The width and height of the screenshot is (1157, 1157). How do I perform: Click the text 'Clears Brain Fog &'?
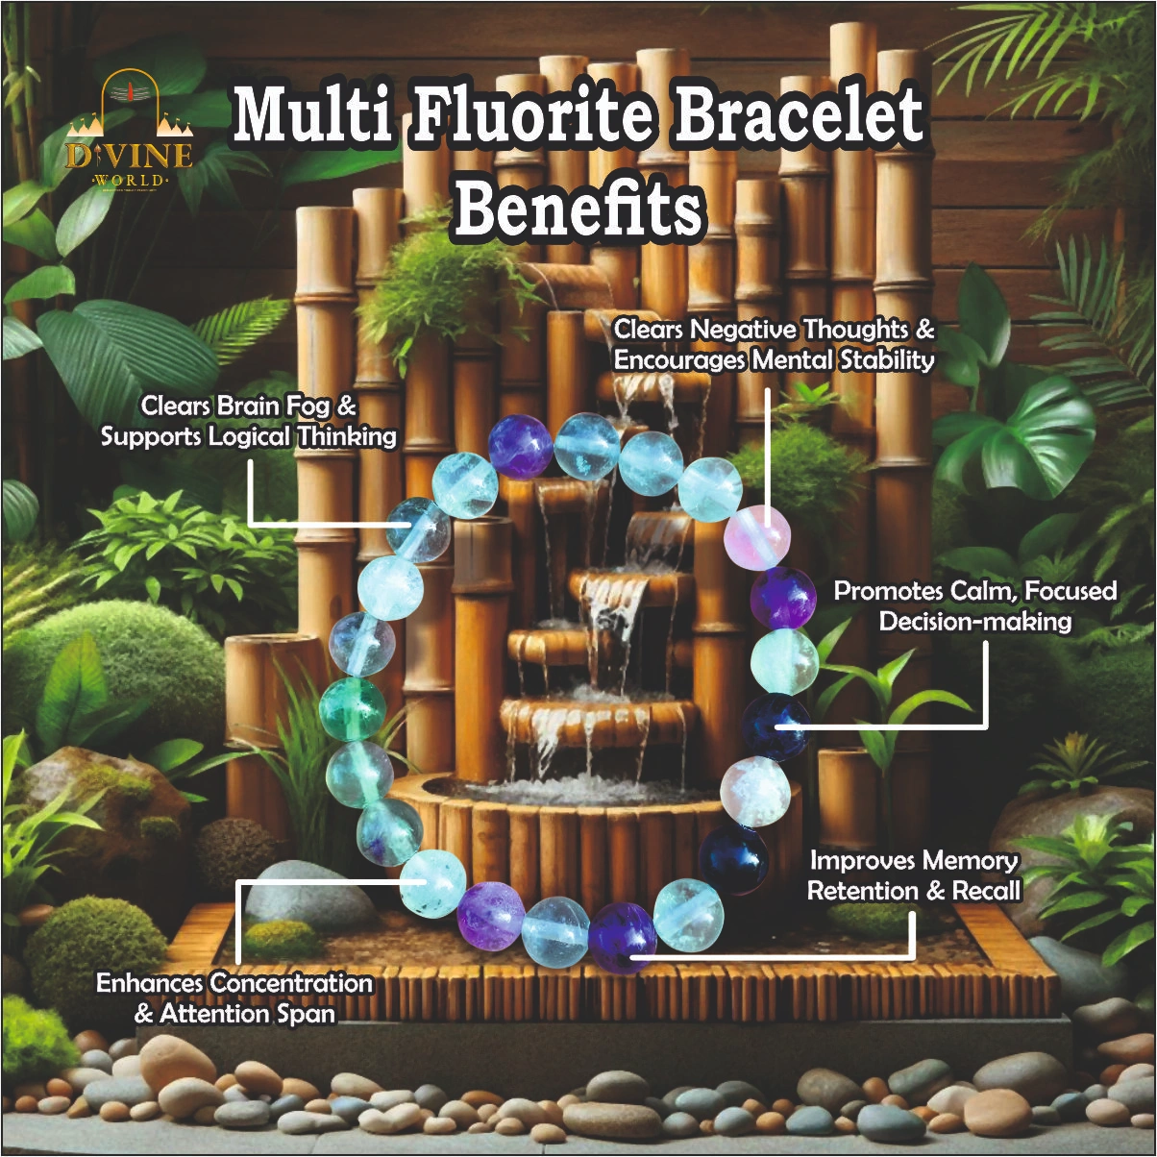(248, 406)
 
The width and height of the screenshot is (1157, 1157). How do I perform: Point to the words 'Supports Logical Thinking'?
(248, 436)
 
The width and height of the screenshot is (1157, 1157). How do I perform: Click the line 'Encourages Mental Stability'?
(774, 360)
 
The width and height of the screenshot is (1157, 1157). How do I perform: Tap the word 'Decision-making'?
(974, 621)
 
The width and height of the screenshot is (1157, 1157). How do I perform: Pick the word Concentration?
(290, 983)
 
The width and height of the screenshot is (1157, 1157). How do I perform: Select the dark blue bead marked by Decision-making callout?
(776, 726)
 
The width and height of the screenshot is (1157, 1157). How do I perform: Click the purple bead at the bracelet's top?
(520, 446)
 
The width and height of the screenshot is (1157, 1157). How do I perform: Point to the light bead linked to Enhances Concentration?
(432, 882)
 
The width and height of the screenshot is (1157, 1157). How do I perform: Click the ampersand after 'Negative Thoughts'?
(923, 330)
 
